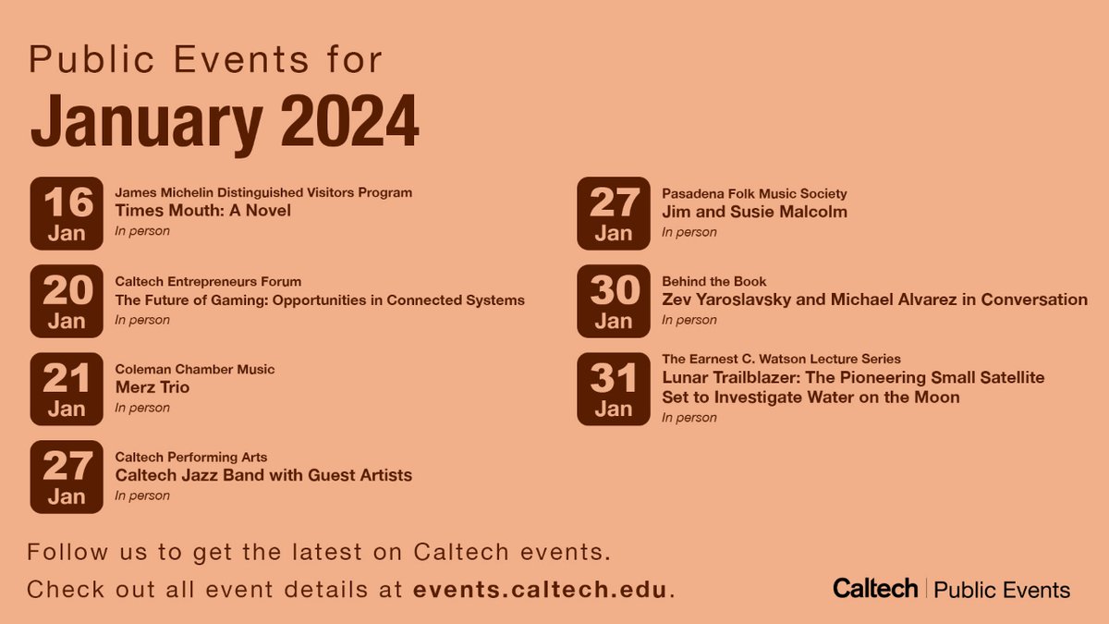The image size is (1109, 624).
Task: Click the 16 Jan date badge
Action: click(67, 214)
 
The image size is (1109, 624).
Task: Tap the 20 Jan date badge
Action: click(67, 301)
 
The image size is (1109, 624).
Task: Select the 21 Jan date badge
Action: click(67, 389)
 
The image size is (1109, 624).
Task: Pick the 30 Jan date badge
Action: click(614, 301)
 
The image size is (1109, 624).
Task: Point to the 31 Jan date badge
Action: click(614, 389)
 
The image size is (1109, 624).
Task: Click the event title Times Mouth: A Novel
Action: click(202, 211)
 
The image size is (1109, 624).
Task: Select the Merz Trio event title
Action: click(152, 387)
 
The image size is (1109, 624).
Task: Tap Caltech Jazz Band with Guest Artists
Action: click(263, 475)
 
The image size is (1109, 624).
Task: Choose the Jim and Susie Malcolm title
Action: click(754, 212)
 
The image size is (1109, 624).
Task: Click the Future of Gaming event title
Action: click(320, 300)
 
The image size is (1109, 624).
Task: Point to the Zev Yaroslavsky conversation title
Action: click(874, 300)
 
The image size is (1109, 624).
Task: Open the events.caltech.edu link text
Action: click(540, 589)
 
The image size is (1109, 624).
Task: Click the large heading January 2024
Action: click(225, 120)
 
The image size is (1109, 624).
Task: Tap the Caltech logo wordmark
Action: click(874, 588)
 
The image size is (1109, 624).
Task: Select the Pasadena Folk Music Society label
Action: click(754, 193)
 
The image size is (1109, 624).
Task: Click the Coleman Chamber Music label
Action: click(195, 369)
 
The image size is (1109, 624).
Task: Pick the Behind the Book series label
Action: click(713, 281)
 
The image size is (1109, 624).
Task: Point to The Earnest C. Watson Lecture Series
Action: click(781, 359)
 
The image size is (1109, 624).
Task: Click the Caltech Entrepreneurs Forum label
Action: click(208, 281)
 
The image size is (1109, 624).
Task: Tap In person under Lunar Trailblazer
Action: click(689, 417)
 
